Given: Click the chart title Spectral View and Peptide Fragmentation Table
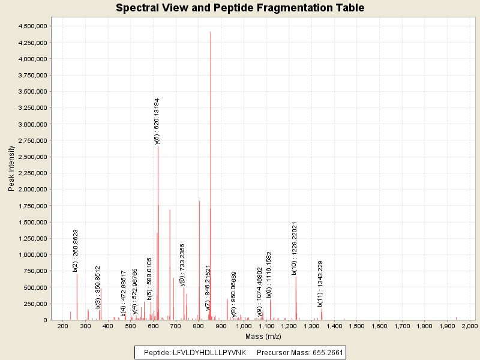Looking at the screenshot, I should click(x=240, y=8).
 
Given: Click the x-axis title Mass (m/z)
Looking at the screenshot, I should click(x=265, y=336).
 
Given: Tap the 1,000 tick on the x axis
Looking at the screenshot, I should click(x=243, y=326).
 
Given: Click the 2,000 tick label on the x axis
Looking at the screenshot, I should click(x=469, y=326).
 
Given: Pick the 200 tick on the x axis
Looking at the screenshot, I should click(x=62, y=326).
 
